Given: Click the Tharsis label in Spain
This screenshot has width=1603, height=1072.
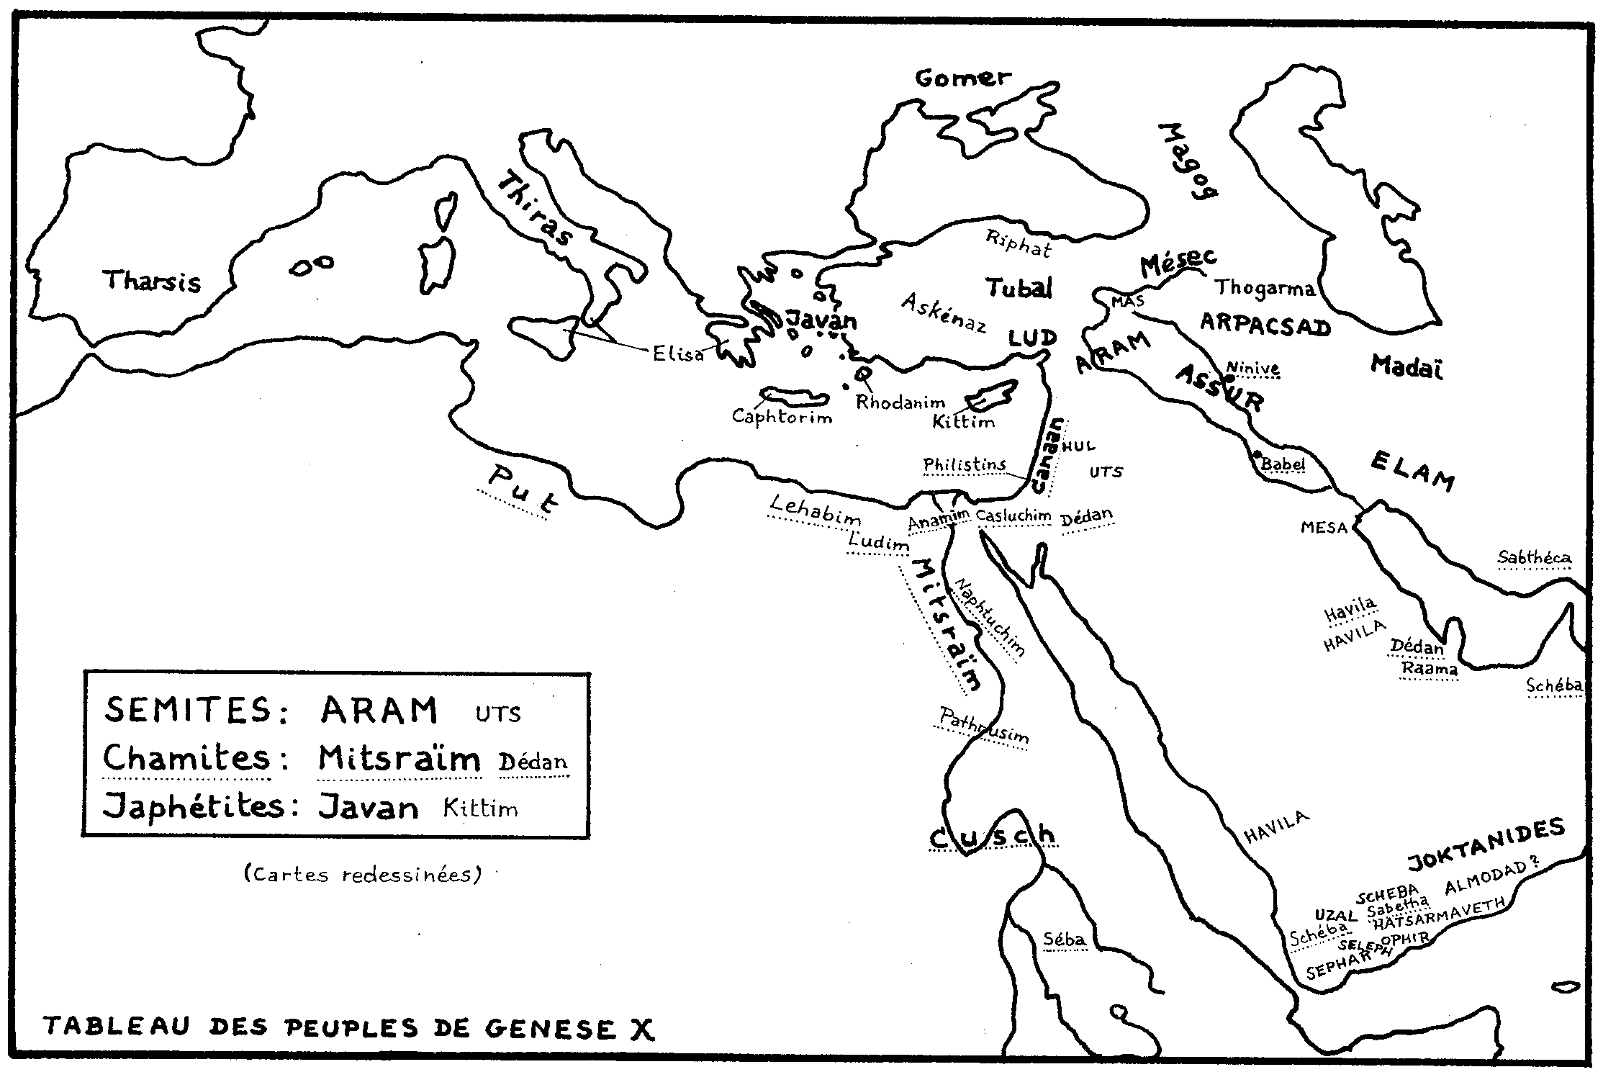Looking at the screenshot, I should tap(153, 281).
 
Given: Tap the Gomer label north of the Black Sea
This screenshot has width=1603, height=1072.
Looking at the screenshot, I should tap(963, 78).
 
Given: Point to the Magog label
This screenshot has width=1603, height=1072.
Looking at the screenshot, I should tap(1188, 170).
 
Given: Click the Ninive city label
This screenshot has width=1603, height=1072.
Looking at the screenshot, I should tap(1253, 369).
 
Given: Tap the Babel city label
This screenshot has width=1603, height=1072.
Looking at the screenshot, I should tap(1283, 464).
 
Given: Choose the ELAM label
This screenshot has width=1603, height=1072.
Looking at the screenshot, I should tap(1412, 470).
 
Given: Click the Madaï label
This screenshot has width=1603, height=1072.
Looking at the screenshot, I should tap(1406, 366).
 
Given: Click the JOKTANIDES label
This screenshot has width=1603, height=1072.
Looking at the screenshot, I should tap(1486, 844).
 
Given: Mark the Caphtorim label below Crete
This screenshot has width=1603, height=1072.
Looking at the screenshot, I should tap(782, 416).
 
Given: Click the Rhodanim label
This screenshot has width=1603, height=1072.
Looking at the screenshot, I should tap(900, 403).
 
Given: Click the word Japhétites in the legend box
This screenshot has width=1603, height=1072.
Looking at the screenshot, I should tap(194, 806).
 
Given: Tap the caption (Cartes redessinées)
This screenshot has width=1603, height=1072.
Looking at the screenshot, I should tap(363, 874).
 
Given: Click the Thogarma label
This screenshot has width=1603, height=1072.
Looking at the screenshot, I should tap(1265, 288).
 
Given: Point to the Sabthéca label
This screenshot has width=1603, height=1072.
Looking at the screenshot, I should tap(1534, 557).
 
